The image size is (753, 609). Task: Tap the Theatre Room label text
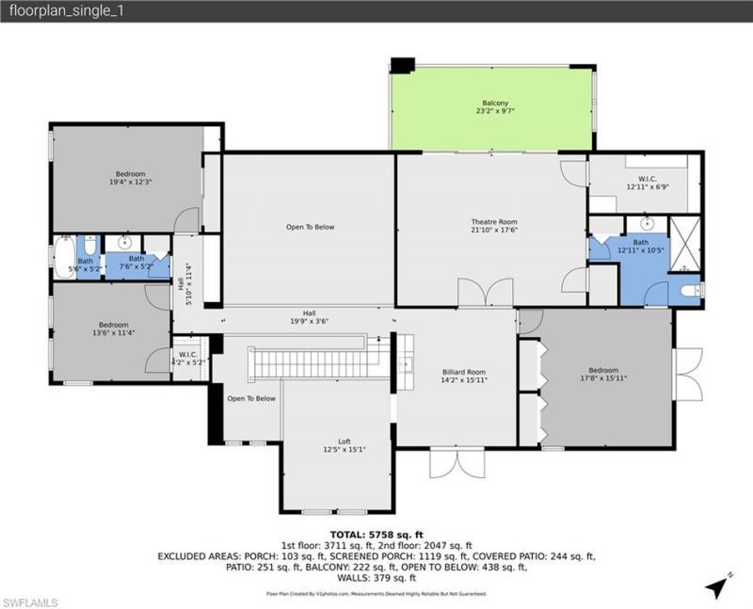(x=494, y=225)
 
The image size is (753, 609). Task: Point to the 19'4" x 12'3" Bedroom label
(x=130, y=178)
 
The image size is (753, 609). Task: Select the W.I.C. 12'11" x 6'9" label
(x=647, y=183)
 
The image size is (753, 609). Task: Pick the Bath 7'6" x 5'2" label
(x=136, y=263)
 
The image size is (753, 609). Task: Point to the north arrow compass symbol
(x=716, y=585)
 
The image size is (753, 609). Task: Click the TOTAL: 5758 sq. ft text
(x=376, y=534)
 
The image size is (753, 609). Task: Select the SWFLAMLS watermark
(x=31, y=601)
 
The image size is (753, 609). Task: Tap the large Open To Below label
(x=310, y=227)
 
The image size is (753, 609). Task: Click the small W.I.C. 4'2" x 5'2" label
(x=191, y=359)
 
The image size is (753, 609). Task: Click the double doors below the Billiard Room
(x=456, y=462)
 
